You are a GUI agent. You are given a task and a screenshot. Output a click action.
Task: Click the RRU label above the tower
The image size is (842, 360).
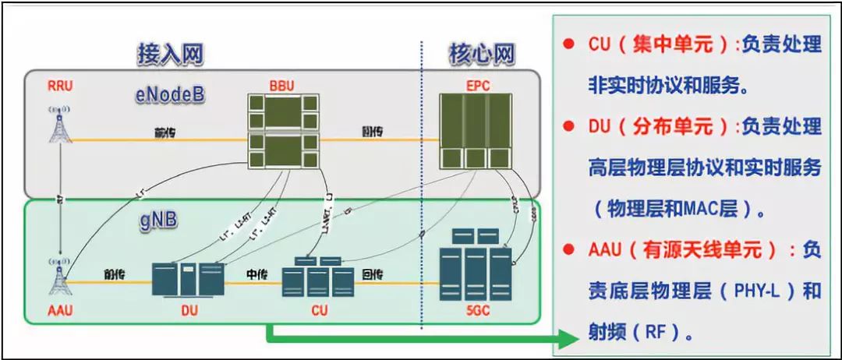[x=59, y=86]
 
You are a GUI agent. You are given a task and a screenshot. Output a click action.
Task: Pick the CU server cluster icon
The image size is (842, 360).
[x=315, y=276]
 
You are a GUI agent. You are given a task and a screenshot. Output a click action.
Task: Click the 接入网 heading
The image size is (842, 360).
[x=170, y=55]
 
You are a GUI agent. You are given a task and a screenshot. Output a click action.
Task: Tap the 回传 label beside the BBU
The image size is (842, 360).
[x=373, y=132]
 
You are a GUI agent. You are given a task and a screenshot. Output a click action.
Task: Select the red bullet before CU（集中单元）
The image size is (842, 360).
[x=568, y=44]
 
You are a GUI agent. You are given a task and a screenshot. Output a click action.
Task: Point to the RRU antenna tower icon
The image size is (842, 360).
[x=59, y=127]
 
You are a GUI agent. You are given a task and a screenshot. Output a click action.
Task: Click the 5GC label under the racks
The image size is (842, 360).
[x=476, y=312]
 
